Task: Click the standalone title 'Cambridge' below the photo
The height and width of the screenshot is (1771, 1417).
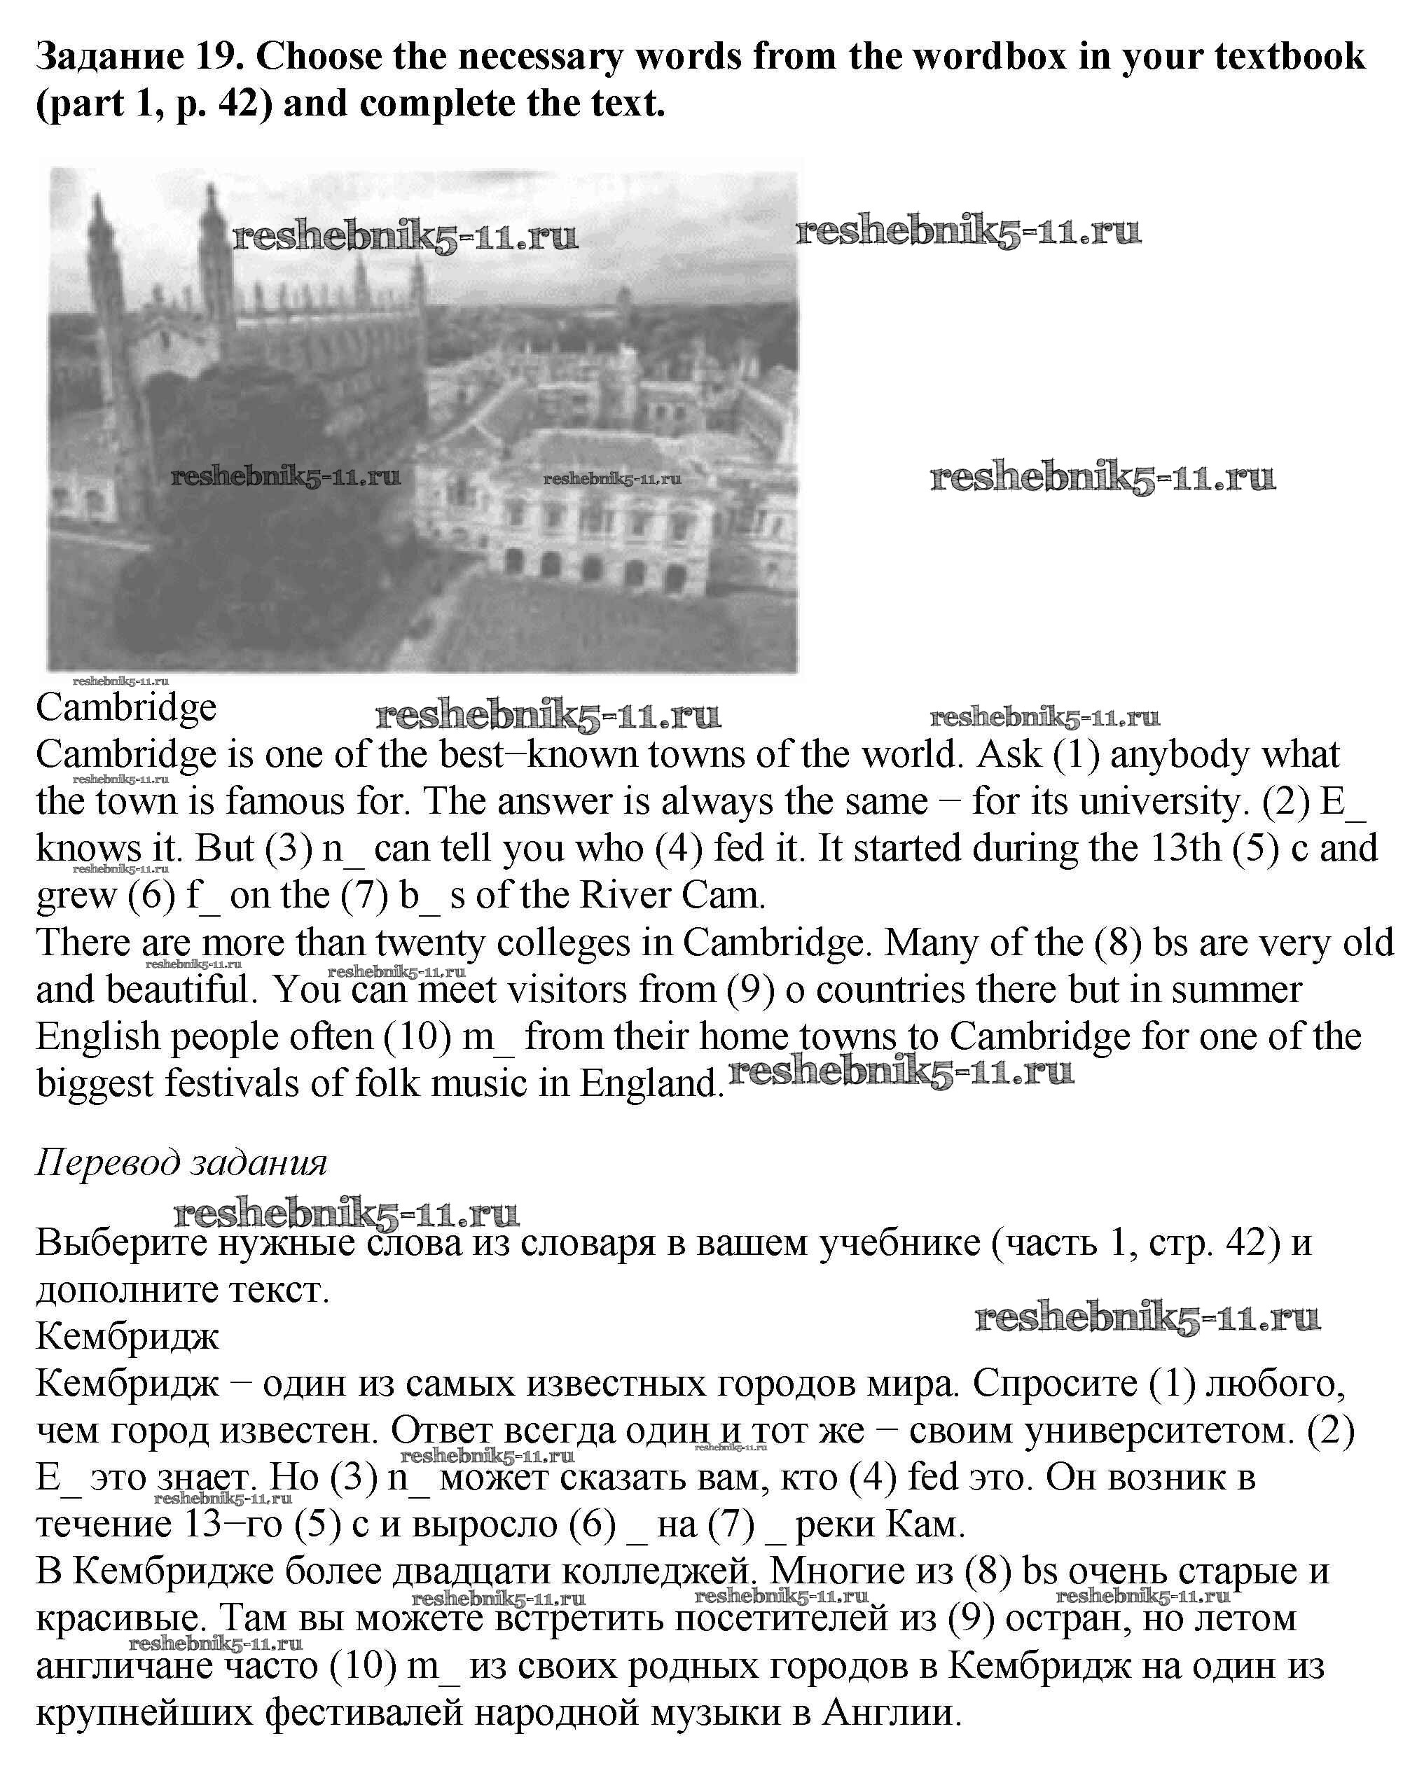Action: point(125,707)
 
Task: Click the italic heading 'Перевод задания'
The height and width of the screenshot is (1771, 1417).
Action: point(181,1162)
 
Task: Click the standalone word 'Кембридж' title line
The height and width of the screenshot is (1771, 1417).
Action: point(127,1336)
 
